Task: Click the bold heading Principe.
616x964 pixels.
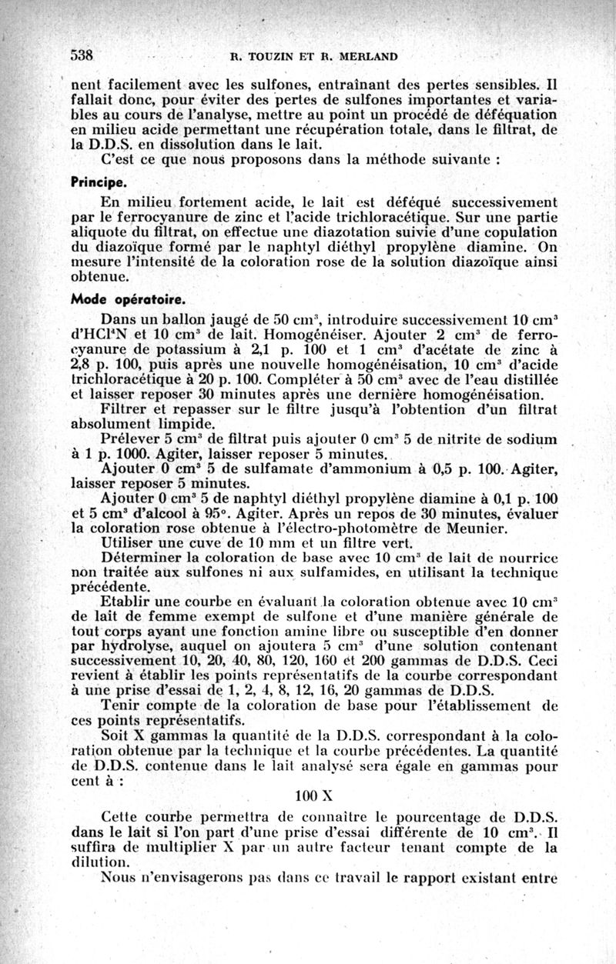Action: [x=99, y=185]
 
